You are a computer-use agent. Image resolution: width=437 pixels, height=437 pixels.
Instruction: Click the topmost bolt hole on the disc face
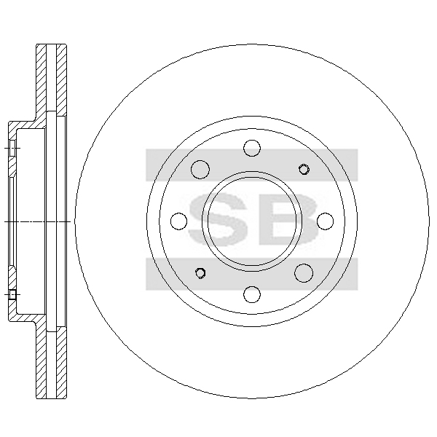[252, 148]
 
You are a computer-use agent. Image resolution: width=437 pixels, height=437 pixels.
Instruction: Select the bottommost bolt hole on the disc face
[252, 294]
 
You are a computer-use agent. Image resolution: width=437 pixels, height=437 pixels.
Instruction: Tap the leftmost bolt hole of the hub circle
[178, 221]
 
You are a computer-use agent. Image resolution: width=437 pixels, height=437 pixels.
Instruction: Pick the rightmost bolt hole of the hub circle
[326, 221]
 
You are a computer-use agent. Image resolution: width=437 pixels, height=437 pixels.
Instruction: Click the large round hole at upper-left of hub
[200, 170]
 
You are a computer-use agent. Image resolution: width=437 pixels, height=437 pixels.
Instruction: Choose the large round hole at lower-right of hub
[304, 273]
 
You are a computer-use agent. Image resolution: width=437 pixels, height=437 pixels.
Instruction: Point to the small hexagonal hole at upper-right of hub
[304, 170]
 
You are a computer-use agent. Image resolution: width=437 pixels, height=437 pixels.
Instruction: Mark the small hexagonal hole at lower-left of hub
[200, 273]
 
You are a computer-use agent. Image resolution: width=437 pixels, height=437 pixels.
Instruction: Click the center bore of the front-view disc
[252, 221]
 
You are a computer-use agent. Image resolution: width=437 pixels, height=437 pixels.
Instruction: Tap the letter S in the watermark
[218, 220]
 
